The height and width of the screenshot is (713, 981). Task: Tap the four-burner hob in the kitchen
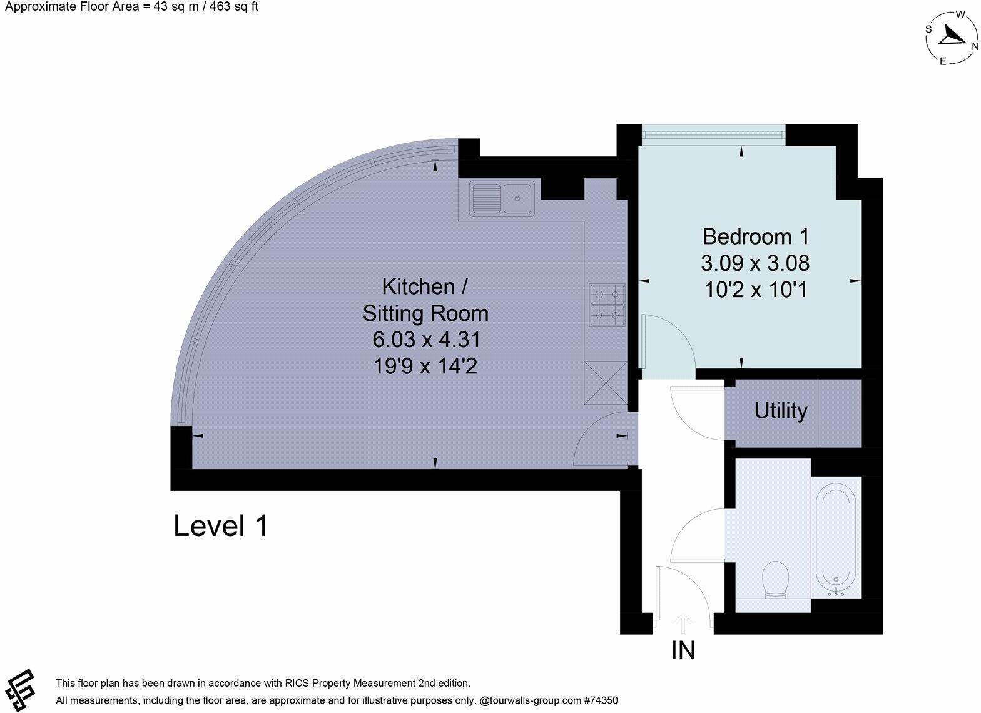coord(607,305)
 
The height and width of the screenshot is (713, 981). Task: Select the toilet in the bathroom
coord(775,580)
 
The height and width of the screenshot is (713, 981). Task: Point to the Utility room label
coord(781,412)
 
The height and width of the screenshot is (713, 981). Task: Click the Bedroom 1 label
coord(756,237)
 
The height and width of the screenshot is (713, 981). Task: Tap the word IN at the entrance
coord(683,650)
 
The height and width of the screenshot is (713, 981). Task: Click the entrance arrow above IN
coord(683,624)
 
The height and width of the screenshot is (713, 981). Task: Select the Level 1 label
coord(221,525)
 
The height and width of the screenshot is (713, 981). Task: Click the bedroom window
coord(713,135)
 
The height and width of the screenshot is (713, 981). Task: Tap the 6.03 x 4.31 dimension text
coord(427,340)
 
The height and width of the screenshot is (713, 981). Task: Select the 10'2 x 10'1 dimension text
coord(756,290)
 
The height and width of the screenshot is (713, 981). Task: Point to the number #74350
coord(601,700)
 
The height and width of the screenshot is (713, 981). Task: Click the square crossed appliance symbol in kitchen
coord(606,383)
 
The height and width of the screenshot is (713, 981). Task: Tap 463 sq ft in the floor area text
coord(234,7)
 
